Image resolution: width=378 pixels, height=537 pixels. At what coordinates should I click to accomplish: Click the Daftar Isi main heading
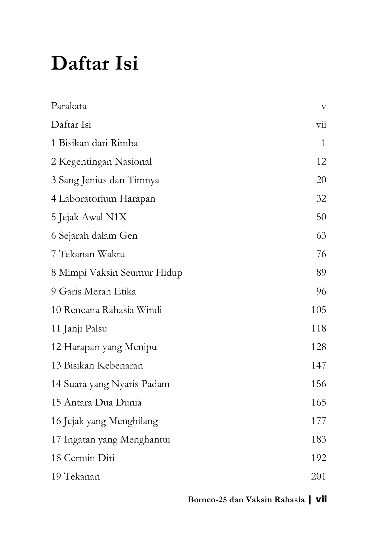pos(95,63)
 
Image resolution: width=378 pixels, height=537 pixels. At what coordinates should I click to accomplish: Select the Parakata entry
pos(69,106)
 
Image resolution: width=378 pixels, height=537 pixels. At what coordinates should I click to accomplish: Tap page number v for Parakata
pos(323,106)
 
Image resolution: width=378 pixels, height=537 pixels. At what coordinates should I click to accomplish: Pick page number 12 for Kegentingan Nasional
pos(321,162)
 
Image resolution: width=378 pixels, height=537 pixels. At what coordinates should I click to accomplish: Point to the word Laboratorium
pos(87,198)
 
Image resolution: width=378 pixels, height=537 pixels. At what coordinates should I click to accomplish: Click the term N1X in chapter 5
pos(116,217)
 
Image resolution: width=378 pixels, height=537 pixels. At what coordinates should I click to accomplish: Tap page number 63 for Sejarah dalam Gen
pos(321,235)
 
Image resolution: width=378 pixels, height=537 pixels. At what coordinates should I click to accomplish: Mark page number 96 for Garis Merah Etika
pos(321,291)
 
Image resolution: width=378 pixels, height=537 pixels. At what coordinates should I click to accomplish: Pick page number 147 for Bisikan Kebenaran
pos(318,366)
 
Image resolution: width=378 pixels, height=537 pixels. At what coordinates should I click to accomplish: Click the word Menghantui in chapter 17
pos(145,440)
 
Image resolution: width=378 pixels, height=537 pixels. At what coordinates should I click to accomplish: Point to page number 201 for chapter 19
pos(318,477)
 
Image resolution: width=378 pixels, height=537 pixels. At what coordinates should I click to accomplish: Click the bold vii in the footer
pos(321,499)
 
